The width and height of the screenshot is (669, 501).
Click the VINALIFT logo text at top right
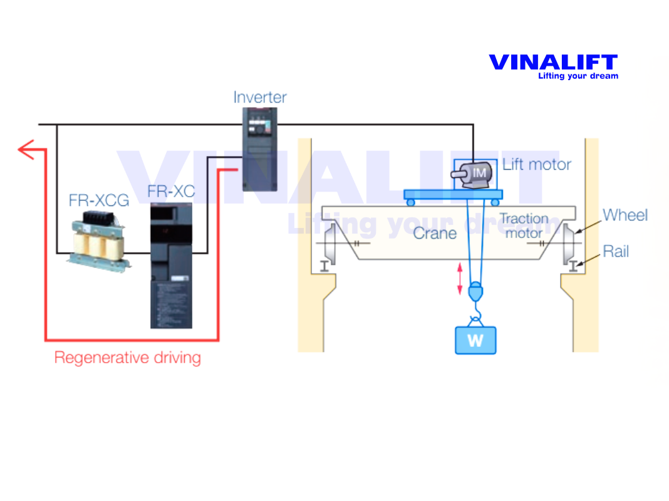(x=552, y=63)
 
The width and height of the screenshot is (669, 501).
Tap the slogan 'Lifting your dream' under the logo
(x=578, y=76)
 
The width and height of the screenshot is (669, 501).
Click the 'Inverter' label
(x=260, y=98)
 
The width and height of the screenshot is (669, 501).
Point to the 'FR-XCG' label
(x=99, y=200)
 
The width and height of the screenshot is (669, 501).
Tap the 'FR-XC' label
(x=171, y=192)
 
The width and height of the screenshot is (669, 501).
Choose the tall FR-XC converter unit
(x=172, y=266)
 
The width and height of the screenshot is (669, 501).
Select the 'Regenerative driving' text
(x=128, y=358)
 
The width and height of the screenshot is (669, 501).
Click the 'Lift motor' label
(x=537, y=165)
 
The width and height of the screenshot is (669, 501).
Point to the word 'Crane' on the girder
(x=435, y=233)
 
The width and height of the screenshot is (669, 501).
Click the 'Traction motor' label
(x=524, y=226)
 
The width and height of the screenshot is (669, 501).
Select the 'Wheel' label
(x=625, y=215)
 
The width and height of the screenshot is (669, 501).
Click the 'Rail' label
(x=616, y=252)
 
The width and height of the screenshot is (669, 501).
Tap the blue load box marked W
(x=475, y=341)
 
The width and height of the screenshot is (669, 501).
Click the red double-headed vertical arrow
(x=460, y=279)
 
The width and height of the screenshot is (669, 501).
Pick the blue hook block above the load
(x=476, y=292)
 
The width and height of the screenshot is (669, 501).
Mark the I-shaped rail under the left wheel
(x=324, y=266)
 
